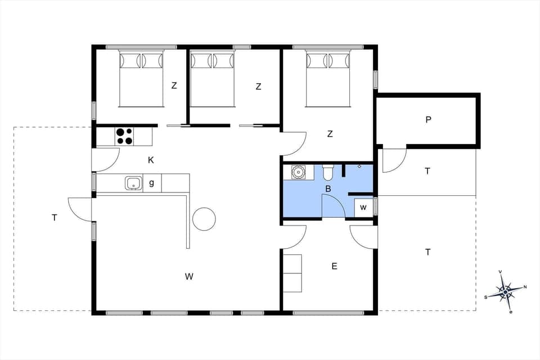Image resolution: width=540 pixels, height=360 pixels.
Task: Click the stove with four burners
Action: coord(124,136)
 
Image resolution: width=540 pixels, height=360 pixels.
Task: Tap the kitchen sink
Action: coord(133,183)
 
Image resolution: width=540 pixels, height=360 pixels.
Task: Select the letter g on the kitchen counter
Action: coord(151,183)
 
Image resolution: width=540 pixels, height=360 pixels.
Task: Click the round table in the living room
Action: coord(204,219)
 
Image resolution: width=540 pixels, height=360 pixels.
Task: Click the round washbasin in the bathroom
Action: coord(298,172)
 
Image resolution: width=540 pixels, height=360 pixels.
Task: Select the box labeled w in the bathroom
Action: coord(363,208)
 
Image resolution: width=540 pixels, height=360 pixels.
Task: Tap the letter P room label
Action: coord(428,119)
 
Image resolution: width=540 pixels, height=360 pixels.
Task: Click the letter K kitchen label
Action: coord(151,160)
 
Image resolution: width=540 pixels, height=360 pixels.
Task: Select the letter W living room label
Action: coord(189,276)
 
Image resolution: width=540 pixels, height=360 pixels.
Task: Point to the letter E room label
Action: coord(334,266)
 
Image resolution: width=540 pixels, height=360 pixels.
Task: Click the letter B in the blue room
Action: coord(328,189)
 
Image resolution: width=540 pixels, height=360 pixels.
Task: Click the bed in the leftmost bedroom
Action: coord(141,78)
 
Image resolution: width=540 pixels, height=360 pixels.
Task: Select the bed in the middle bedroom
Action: coord(212,78)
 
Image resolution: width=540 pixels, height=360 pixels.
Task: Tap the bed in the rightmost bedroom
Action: coord(328,78)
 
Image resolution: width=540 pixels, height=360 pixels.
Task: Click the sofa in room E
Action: coord(292,273)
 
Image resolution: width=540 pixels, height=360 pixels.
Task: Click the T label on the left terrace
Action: coord(55,217)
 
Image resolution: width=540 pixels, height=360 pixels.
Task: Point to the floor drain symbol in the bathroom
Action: coord(359,166)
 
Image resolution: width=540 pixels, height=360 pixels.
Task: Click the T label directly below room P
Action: coord(427,171)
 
